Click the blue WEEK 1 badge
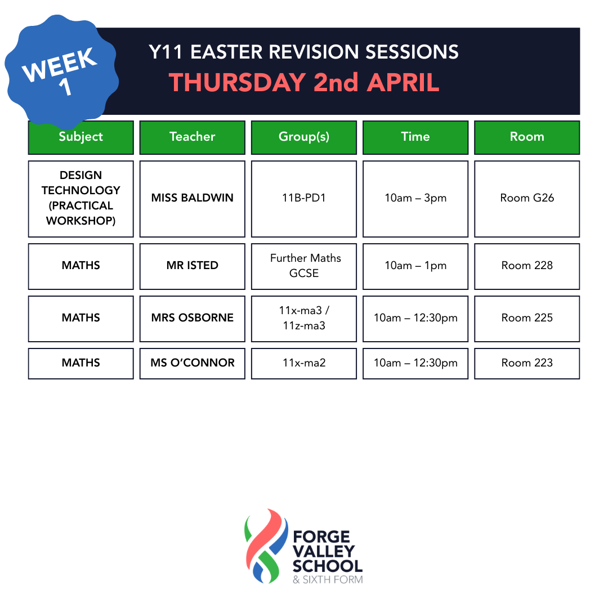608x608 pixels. pyautogui.click(x=61, y=71)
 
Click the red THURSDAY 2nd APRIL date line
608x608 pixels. pyautogui.click(x=304, y=82)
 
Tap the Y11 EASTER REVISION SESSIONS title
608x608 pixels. pyautogui.click(x=303, y=52)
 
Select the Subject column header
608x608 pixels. pyautogui.click(x=81, y=137)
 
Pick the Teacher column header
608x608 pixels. pyautogui.click(x=193, y=137)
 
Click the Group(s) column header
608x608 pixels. pyautogui.click(x=304, y=137)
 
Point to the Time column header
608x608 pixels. pyautogui.click(x=415, y=137)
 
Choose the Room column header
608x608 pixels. pyautogui.click(x=527, y=137)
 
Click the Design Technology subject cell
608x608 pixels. pyautogui.click(x=81, y=199)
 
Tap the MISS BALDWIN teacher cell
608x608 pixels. pyautogui.click(x=193, y=199)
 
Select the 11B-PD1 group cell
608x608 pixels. pyautogui.click(x=304, y=199)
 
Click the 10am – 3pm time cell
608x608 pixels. pyautogui.click(x=415, y=199)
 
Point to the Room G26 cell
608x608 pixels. pyautogui.click(x=527, y=199)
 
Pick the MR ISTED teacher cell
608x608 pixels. pyautogui.click(x=193, y=266)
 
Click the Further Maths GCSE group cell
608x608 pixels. pyautogui.click(x=304, y=266)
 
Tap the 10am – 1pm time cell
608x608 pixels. pyautogui.click(x=415, y=266)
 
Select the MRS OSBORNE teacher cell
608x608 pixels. pyautogui.click(x=193, y=319)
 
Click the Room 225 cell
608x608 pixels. pyautogui.click(x=527, y=319)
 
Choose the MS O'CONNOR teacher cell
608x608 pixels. pyautogui.click(x=193, y=363)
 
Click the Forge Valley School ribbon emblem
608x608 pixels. pyautogui.click(x=266, y=546)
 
